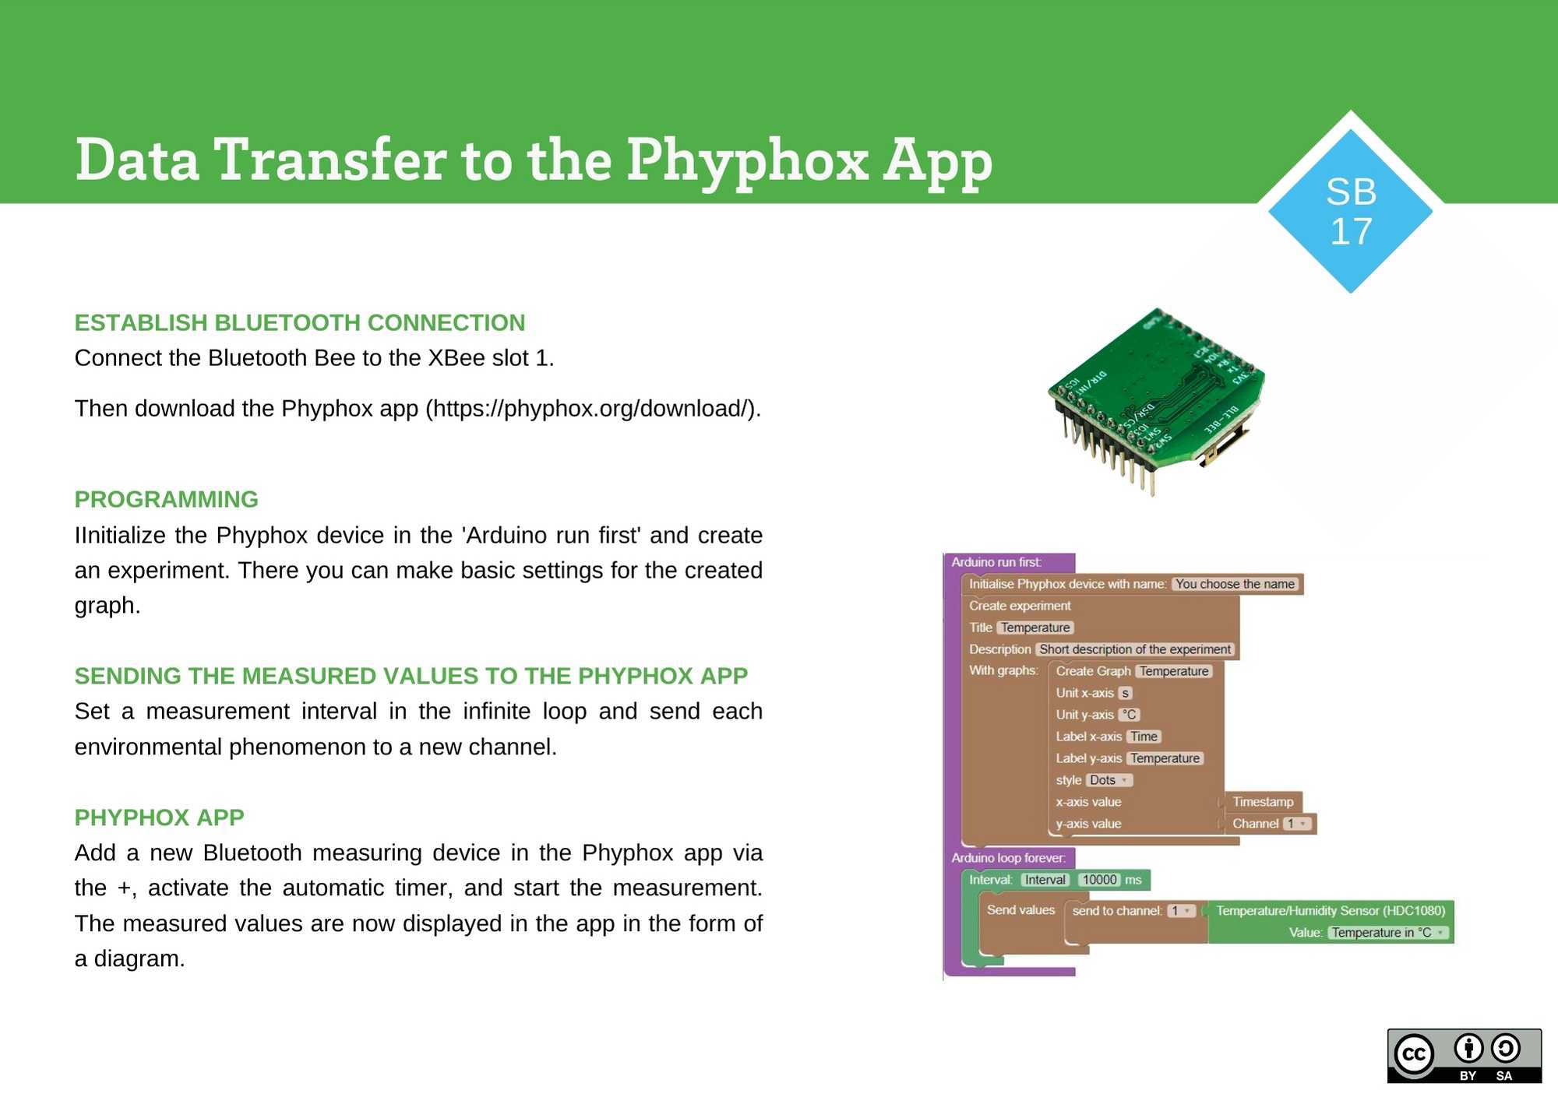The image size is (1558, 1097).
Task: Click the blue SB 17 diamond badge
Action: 1351,211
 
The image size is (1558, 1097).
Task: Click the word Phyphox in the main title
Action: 747,160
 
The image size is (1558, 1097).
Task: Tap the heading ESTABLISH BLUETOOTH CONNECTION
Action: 300,322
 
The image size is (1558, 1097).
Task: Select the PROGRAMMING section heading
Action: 166,499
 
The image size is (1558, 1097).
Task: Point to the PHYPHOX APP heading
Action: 159,817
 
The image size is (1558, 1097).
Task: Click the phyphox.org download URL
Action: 592,408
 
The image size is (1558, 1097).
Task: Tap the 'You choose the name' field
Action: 1235,584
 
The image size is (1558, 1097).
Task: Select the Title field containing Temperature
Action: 1035,628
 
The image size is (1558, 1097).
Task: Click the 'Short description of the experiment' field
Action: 1134,649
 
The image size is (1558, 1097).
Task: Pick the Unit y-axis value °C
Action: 1129,715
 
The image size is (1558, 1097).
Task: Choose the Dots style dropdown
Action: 1109,780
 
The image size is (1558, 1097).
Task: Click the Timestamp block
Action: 1263,802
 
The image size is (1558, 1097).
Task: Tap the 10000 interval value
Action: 1099,880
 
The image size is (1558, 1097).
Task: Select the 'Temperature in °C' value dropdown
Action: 1387,933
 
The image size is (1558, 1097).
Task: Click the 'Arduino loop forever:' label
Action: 1008,858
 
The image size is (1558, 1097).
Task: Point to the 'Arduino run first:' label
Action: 996,562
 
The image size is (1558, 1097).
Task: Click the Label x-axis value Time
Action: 1144,737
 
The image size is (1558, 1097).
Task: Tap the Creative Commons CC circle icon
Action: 1414,1055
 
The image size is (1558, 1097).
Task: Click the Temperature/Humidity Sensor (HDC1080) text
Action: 1331,911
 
